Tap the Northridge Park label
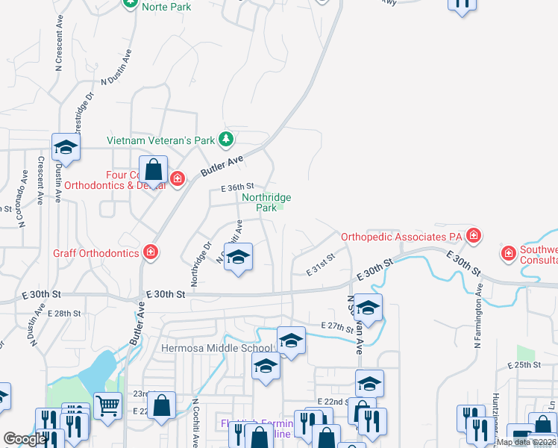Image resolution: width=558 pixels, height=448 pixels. click(x=266, y=202)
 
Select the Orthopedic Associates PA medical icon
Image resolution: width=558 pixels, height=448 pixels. click(x=472, y=237)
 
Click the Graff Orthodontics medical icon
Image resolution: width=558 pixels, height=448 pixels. click(x=151, y=252)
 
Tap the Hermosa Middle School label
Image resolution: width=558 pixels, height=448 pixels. click(x=218, y=348)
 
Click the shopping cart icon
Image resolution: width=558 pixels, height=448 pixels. click(x=108, y=406)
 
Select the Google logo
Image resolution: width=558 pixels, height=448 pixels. click(x=25, y=440)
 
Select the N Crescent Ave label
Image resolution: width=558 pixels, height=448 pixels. click(x=59, y=45)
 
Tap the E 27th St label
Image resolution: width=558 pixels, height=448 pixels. click(x=336, y=326)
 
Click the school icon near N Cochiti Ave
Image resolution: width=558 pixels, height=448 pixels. click(x=238, y=258)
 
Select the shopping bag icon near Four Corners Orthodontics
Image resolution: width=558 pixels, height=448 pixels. click(x=154, y=171)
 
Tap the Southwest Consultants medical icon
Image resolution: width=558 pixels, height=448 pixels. click(x=509, y=252)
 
